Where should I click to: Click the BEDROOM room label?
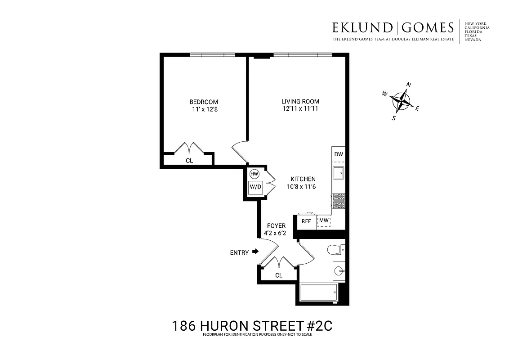point(203,102)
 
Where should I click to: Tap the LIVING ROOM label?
point(300,102)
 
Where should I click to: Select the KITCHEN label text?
point(302,179)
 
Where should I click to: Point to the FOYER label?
point(276,226)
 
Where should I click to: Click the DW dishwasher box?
point(339,154)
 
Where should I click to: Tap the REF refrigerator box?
point(306,221)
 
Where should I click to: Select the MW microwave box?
point(324,221)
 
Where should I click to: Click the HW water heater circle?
point(254,174)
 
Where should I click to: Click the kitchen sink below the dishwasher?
point(338,172)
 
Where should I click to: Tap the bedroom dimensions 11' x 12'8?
point(204,109)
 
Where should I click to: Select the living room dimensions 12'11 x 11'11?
point(300,109)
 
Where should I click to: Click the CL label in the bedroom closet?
point(189,160)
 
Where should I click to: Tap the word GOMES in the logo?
point(428,28)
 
